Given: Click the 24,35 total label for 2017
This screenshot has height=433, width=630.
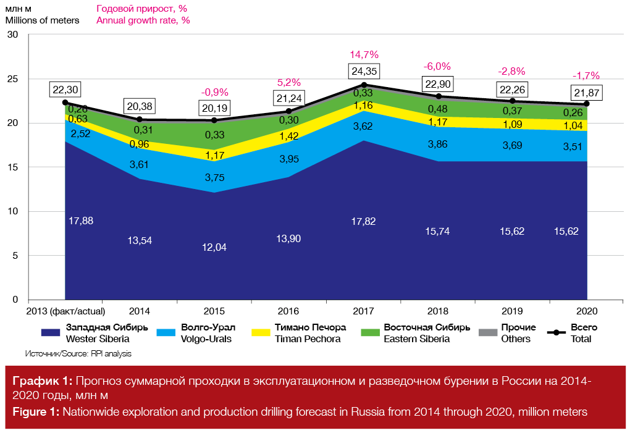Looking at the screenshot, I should (364, 70).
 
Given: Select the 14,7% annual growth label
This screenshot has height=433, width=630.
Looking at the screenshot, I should (364, 54).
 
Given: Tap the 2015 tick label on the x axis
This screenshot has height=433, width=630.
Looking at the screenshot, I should (214, 311).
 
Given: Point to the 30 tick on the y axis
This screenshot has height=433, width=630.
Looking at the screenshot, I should (13, 35).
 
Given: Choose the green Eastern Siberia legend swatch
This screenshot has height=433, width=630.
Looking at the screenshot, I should (368, 333).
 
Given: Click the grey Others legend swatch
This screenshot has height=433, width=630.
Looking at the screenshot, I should (488, 333).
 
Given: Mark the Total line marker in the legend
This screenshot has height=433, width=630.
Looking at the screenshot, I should (558, 333).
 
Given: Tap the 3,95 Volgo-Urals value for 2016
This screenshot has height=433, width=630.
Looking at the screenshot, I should (289, 159).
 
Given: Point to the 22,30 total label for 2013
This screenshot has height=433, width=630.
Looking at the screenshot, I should (65, 90).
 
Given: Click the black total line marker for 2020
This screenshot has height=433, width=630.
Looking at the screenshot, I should (587, 104).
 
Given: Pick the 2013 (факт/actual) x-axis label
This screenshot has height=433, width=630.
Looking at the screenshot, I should (65, 311).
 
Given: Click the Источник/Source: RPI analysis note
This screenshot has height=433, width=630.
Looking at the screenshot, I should (78, 354).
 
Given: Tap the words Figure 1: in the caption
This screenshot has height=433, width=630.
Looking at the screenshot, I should (35, 412).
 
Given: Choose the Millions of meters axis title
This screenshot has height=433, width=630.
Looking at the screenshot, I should (42, 20).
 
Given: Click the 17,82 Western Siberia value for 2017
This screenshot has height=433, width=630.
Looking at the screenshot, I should (364, 221).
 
